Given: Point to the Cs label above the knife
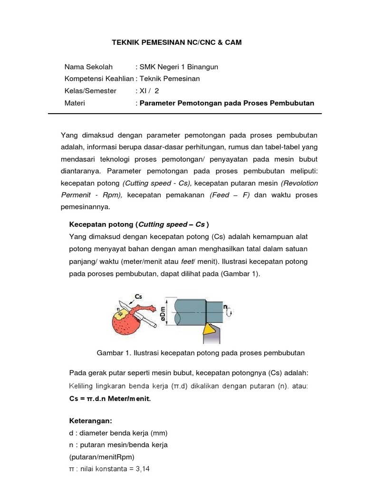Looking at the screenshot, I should tap(138, 296).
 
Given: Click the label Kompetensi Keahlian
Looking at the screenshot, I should tap(99, 79).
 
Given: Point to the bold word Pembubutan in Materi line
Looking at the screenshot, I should tap(291, 103).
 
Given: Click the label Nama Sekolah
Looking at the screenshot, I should tap(87, 67).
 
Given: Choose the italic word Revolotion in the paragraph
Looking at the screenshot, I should tap(299, 183).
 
